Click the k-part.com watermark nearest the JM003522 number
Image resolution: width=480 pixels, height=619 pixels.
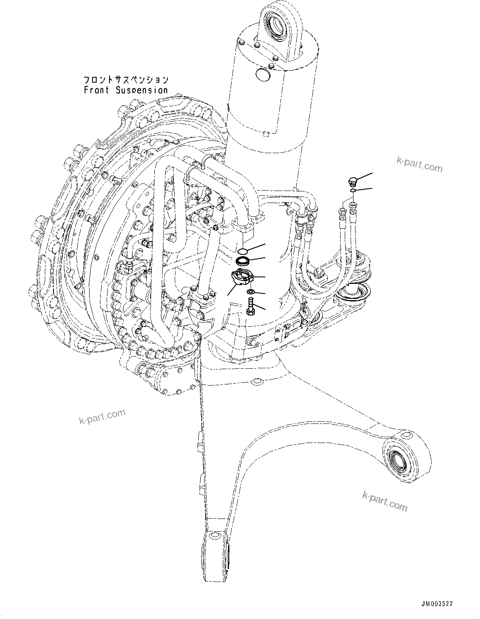(385, 500)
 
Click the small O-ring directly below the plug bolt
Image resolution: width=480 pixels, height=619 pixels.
(352, 191)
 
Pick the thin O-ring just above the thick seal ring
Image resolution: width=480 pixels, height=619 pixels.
(244, 250)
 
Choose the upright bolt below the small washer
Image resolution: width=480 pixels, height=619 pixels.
(250, 307)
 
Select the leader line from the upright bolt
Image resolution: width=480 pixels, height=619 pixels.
(261, 308)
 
